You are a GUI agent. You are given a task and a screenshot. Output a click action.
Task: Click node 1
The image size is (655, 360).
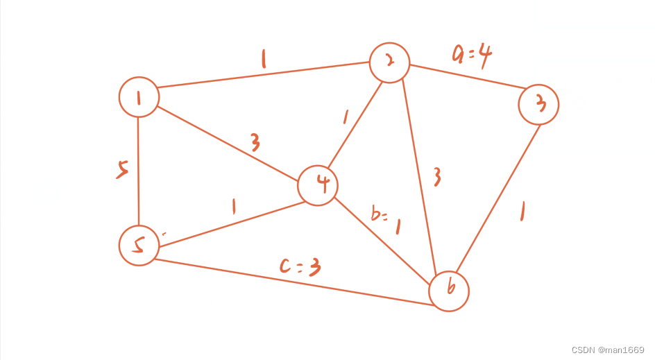[139, 96]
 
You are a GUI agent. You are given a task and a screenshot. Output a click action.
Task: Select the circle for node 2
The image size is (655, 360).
[389, 62]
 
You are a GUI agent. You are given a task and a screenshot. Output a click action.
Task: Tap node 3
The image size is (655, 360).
[538, 104]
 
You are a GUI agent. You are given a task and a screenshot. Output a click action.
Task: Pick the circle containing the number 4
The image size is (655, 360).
[318, 185]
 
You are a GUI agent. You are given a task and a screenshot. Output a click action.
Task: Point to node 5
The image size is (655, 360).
[139, 245]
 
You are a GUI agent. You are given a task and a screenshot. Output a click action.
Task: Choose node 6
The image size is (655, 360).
[449, 291]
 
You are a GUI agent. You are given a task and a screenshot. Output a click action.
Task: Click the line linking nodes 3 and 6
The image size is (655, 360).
[497, 198]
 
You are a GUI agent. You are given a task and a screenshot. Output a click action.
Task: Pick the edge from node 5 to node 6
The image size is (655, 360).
[291, 282]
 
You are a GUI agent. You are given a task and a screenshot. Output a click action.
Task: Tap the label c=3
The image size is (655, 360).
[300, 266]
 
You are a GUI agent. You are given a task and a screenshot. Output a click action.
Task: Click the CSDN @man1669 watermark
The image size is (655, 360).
[608, 350]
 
